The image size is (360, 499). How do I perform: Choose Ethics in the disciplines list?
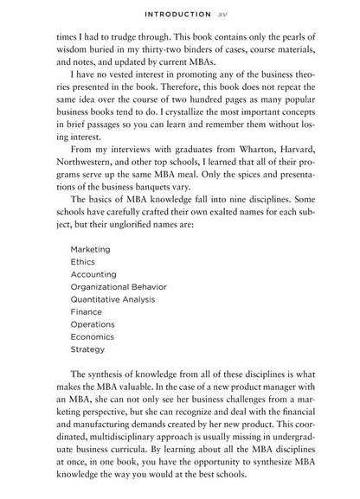[84, 261]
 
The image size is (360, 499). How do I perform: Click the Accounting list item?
[93, 273]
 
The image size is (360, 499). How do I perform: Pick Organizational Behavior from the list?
[119, 286]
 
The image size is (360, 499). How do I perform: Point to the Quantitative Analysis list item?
[112, 299]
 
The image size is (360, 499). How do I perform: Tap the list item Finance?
[87, 311]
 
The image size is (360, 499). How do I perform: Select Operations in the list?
[93, 324]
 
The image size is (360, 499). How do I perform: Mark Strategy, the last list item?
[88, 349]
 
